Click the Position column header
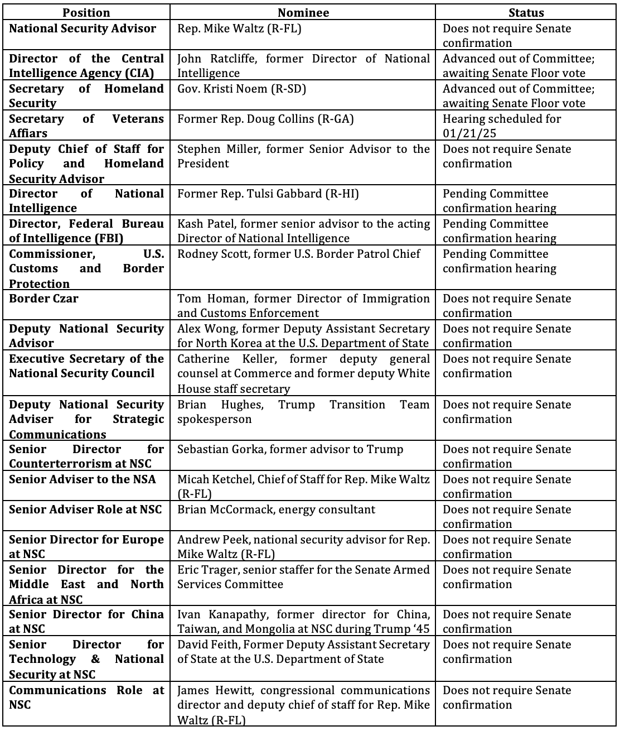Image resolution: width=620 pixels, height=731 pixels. click(86, 13)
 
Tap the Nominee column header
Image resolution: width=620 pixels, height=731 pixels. click(303, 13)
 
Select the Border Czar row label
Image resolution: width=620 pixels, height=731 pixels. click(43, 299)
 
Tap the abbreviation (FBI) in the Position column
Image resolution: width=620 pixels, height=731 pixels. click(110, 238)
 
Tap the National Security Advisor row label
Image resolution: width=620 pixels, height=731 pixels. click(83, 28)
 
